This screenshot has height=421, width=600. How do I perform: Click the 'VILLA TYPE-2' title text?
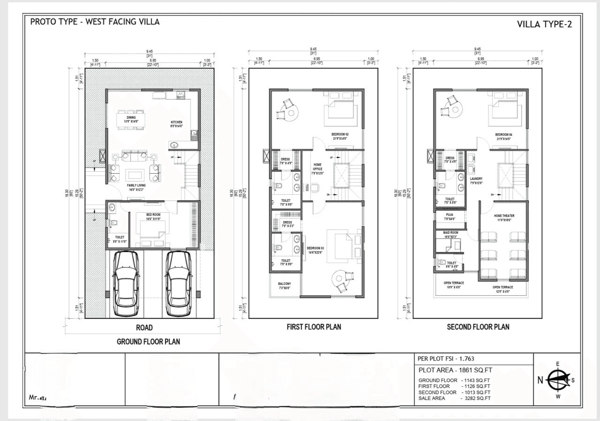(544, 24)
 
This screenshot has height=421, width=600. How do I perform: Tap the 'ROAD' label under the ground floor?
(144, 328)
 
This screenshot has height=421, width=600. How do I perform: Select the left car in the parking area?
(125, 283)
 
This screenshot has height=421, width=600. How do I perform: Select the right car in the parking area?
(179, 283)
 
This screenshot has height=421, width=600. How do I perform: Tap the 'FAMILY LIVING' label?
(136, 185)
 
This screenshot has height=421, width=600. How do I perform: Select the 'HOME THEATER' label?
(504, 216)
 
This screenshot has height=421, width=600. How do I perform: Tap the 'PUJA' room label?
(448, 216)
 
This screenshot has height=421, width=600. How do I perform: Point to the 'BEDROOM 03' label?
(315, 248)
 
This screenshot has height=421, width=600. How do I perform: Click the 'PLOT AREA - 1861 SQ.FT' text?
(455, 370)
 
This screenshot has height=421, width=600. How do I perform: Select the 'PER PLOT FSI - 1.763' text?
(446, 359)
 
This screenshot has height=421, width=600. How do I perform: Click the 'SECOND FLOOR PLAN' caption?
(478, 327)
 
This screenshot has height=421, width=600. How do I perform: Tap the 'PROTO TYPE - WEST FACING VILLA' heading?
(95, 22)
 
